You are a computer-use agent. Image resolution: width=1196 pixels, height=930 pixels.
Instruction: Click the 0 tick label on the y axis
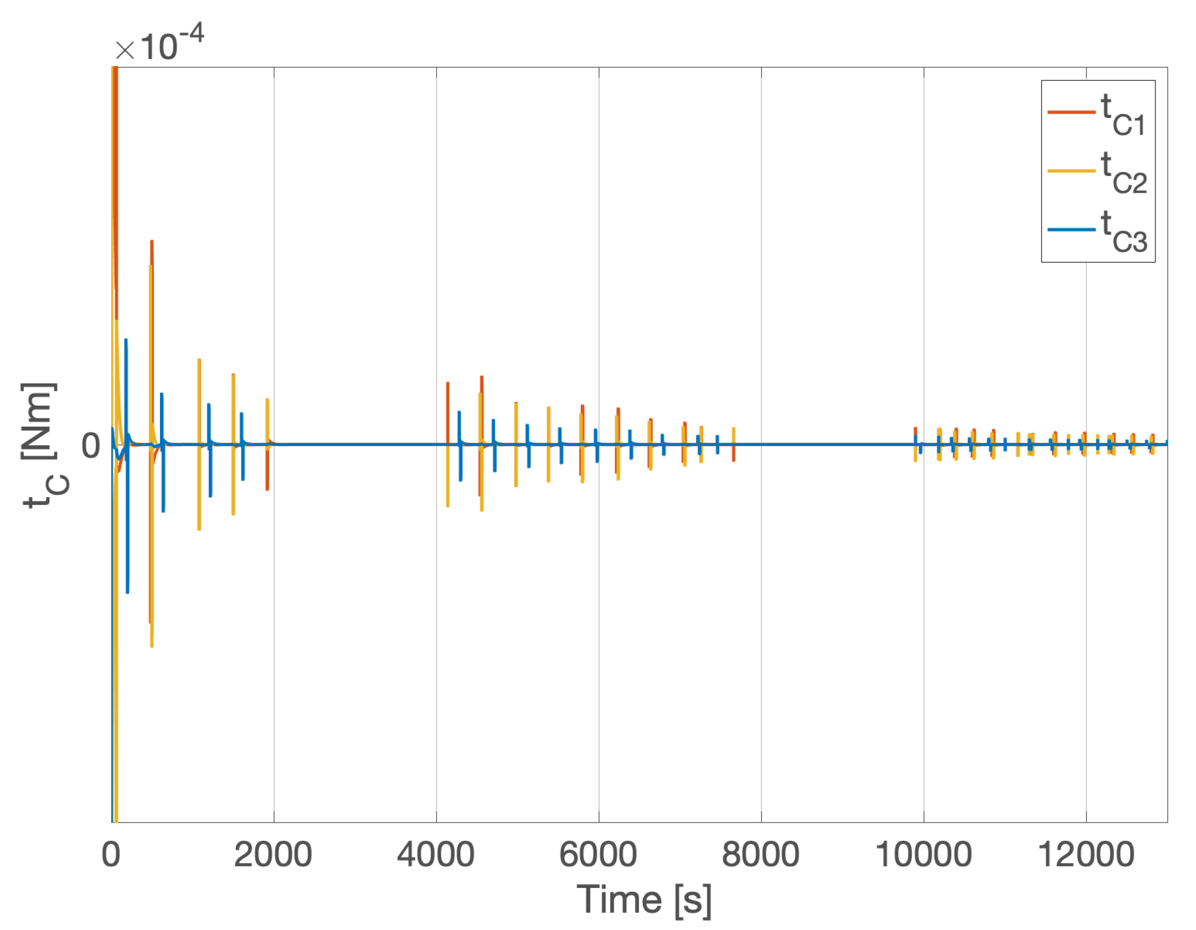[x=91, y=446]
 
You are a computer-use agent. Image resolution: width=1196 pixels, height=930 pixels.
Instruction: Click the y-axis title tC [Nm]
[x=44, y=446]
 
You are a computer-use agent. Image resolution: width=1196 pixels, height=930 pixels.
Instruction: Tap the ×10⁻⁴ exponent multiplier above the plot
[x=159, y=44]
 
